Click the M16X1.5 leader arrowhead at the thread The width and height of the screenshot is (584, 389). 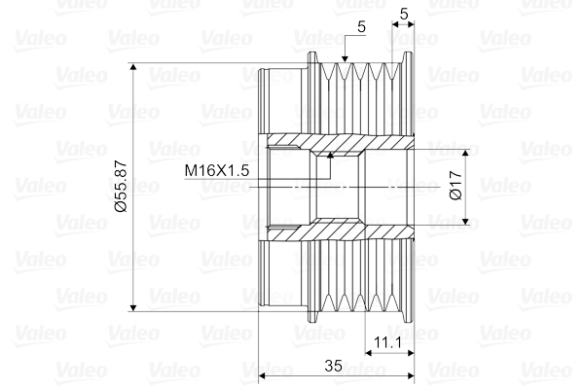click(x=330, y=153)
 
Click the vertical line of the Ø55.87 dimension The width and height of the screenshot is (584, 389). click(x=134, y=243)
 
